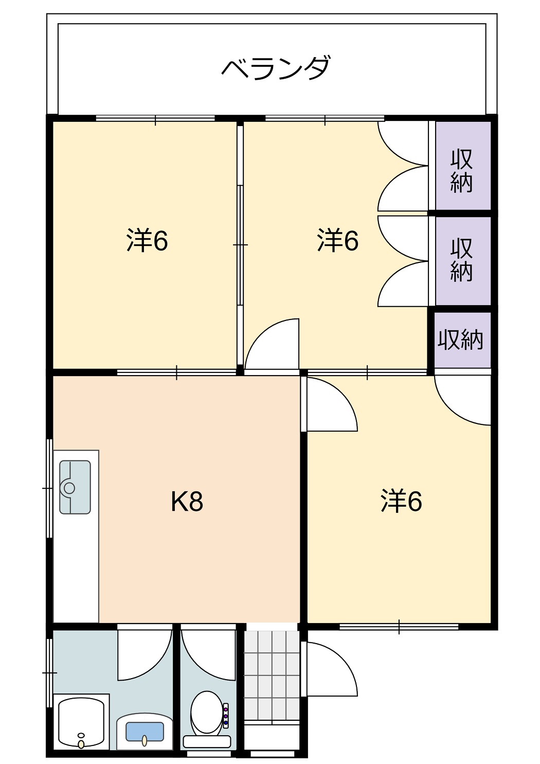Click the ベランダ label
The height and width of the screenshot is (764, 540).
pyautogui.click(x=276, y=68)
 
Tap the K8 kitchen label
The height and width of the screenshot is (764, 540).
pyautogui.click(x=187, y=503)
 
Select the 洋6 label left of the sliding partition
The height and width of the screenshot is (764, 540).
pyautogui.click(x=147, y=240)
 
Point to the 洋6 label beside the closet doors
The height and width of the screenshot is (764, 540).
pyautogui.click(x=337, y=240)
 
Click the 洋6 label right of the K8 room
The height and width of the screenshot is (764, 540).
pyautogui.click(x=401, y=501)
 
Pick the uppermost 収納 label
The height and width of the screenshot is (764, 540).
pyautogui.click(x=461, y=171)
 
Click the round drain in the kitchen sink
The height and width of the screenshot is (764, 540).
pyautogui.click(x=69, y=488)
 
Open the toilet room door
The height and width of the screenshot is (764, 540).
pyautogui.click(x=208, y=653)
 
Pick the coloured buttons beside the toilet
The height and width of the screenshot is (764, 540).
pyautogui.click(x=225, y=715)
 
